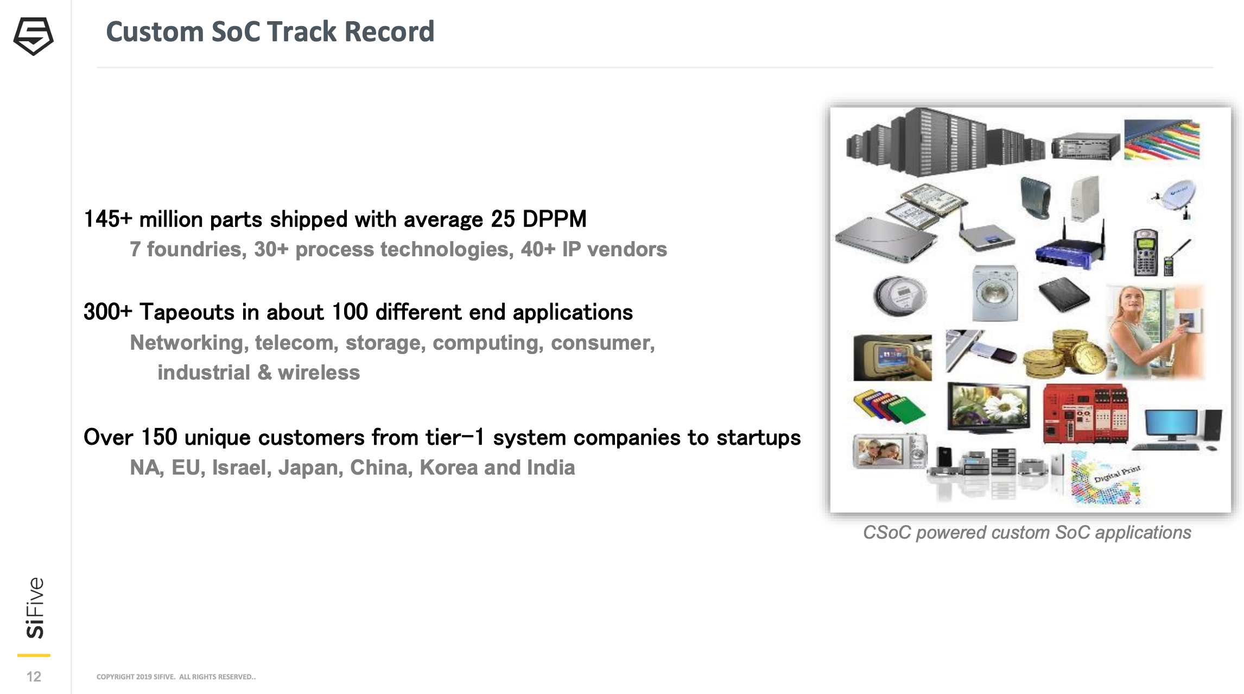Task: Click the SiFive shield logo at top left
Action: [x=33, y=36]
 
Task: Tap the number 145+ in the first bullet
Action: [x=108, y=219]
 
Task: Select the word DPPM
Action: [x=554, y=219]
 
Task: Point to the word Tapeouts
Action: [x=187, y=312]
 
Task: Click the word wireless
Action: [x=319, y=373]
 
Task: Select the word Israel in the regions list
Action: [x=242, y=468]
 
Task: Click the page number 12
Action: [x=34, y=676]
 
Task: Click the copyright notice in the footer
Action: [x=176, y=677]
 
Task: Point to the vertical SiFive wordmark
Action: [x=35, y=608]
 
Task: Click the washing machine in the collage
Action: [x=994, y=293]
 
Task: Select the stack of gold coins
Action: [x=1064, y=354]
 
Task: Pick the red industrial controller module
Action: [x=1086, y=414]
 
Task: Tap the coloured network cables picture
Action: [x=1162, y=140]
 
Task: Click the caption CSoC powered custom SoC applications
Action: [x=1027, y=533]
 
